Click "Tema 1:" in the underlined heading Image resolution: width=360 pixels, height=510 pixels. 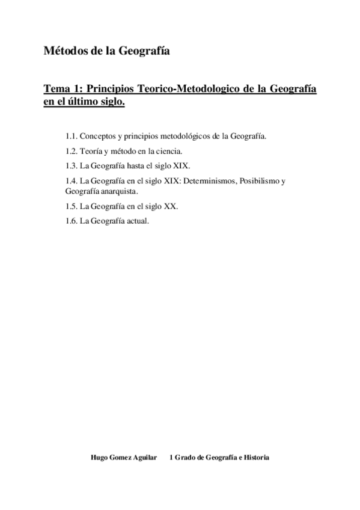(x=61, y=89)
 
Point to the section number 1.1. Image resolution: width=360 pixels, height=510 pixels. (x=72, y=137)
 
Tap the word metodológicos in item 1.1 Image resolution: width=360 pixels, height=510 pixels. (x=181, y=137)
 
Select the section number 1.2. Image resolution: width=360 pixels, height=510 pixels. (x=72, y=151)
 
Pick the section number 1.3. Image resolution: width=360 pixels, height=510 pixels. (x=72, y=165)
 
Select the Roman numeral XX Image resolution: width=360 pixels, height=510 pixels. (x=171, y=206)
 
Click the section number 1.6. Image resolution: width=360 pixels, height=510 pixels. (x=72, y=221)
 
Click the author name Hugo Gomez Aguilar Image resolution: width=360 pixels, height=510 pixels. (x=123, y=458)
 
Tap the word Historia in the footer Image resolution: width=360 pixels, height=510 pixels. (x=255, y=458)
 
